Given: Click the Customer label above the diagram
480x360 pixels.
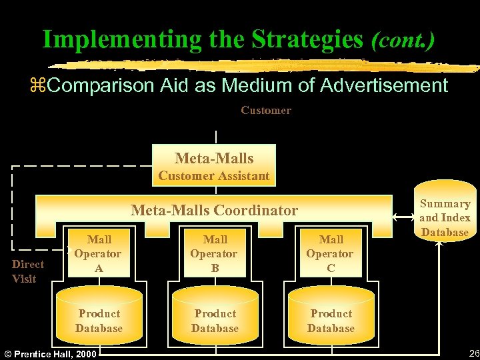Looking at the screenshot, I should click(x=266, y=111).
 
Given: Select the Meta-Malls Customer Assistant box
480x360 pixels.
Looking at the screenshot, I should click(x=214, y=166).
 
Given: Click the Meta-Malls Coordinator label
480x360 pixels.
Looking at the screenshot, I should click(x=214, y=211).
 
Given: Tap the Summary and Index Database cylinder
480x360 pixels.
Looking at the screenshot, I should click(x=444, y=217).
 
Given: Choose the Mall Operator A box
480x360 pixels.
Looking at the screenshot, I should click(x=99, y=254).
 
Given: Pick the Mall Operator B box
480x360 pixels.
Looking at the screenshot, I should click(x=214, y=254).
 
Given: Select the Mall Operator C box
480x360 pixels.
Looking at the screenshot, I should click(x=331, y=254).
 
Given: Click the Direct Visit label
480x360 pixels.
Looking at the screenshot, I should click(x=28, y=271).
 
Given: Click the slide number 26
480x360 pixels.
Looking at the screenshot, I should click(x=473, y=353).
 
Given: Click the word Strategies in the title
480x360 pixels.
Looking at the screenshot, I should click(x=301, y=39).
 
